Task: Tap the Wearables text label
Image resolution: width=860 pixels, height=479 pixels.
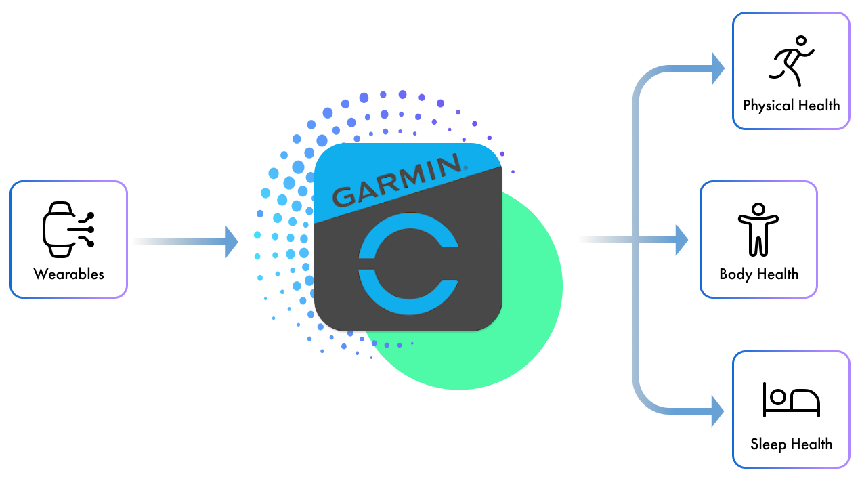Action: pyautogui.click(x=69, y=274)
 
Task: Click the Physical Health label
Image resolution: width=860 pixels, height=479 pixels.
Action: pyautogui.click(x=791, y=106)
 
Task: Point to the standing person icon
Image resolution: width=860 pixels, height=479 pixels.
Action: pyautogui.click(x=758, y=230)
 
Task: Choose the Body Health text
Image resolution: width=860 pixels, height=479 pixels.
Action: pyautogui.click(x=758, y=274)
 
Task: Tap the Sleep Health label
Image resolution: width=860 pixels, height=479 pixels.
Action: pyautogui.click(x=791, y=444)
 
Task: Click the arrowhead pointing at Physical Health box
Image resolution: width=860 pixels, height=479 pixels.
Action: pyautogui.click(x=717, y=68)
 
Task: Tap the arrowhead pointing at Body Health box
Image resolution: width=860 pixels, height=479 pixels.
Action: pyautogui.click(x=681, y=240)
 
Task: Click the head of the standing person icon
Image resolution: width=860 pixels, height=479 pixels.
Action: pyautogui.click(x=758, y=209)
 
